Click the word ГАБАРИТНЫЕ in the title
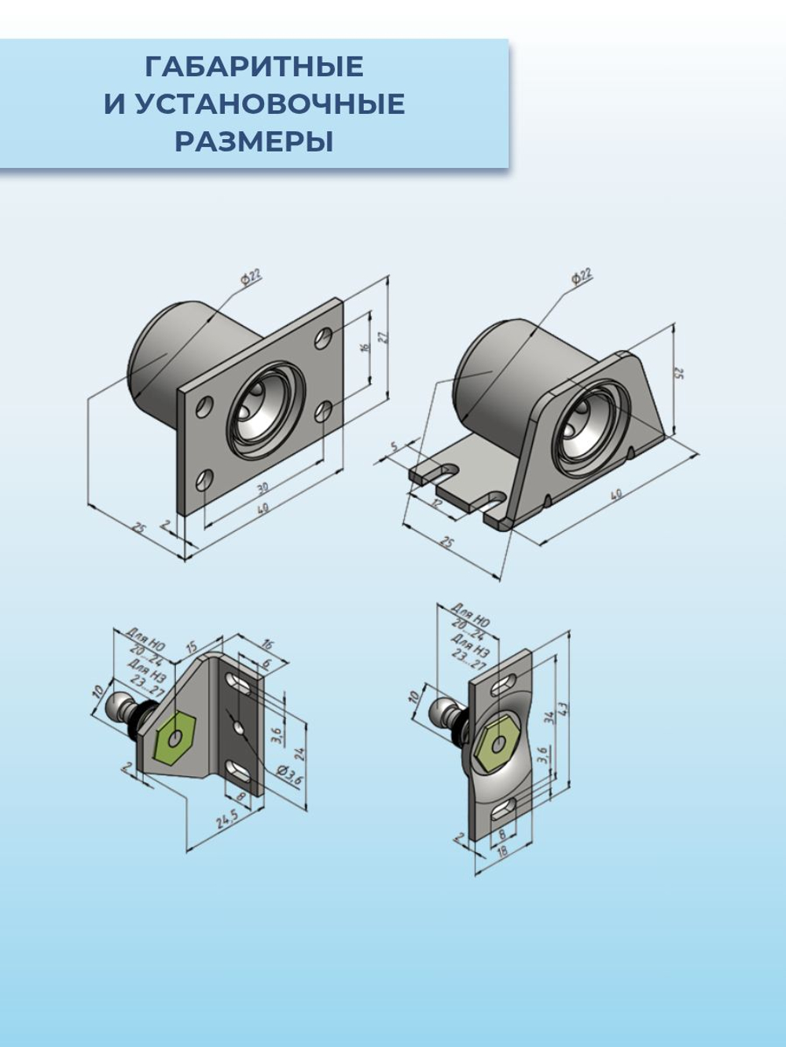point(254,67)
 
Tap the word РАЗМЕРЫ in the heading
point(254,141)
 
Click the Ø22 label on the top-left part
point(251,276)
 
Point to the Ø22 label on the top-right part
point(582,276)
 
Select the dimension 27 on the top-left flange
point(383,336)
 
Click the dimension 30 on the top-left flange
point(263,488)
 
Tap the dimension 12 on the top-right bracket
point(438,502)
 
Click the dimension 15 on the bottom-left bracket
point(191,646)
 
